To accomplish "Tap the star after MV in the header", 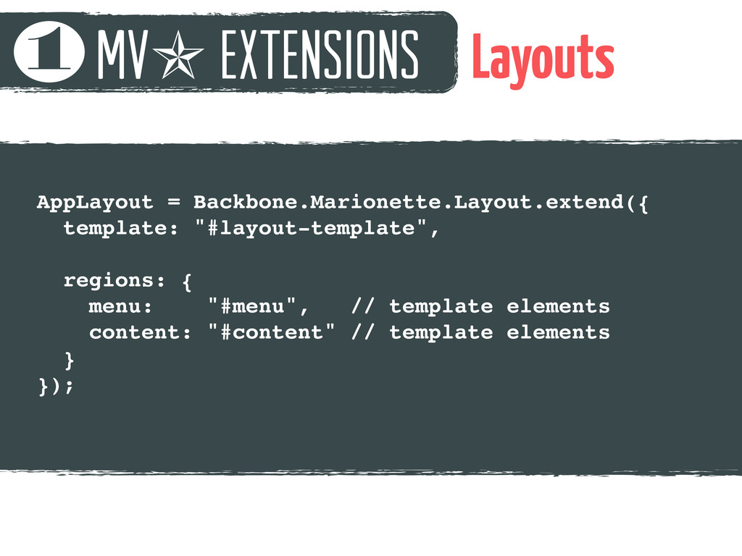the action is [178, 54].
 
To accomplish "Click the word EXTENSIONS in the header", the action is [320, 54].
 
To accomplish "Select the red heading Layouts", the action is [543, 59].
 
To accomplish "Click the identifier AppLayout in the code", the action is [95, 203].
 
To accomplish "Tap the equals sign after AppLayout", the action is [174, 203].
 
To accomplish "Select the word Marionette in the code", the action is [375, 202].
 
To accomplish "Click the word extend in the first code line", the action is [585, 203].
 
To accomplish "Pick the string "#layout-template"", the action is [312, 228].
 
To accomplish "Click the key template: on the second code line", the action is [121, 228].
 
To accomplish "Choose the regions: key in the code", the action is [114, 281].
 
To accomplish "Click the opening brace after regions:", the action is [187, 282].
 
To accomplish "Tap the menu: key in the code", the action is [120, 306].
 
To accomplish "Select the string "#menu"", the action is [252, 306].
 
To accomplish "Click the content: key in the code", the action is [140, 332].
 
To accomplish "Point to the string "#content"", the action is [272, 332].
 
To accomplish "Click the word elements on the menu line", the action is [558, 306].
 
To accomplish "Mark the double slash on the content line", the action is [363, 332].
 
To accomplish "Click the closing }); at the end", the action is [56, 386].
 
